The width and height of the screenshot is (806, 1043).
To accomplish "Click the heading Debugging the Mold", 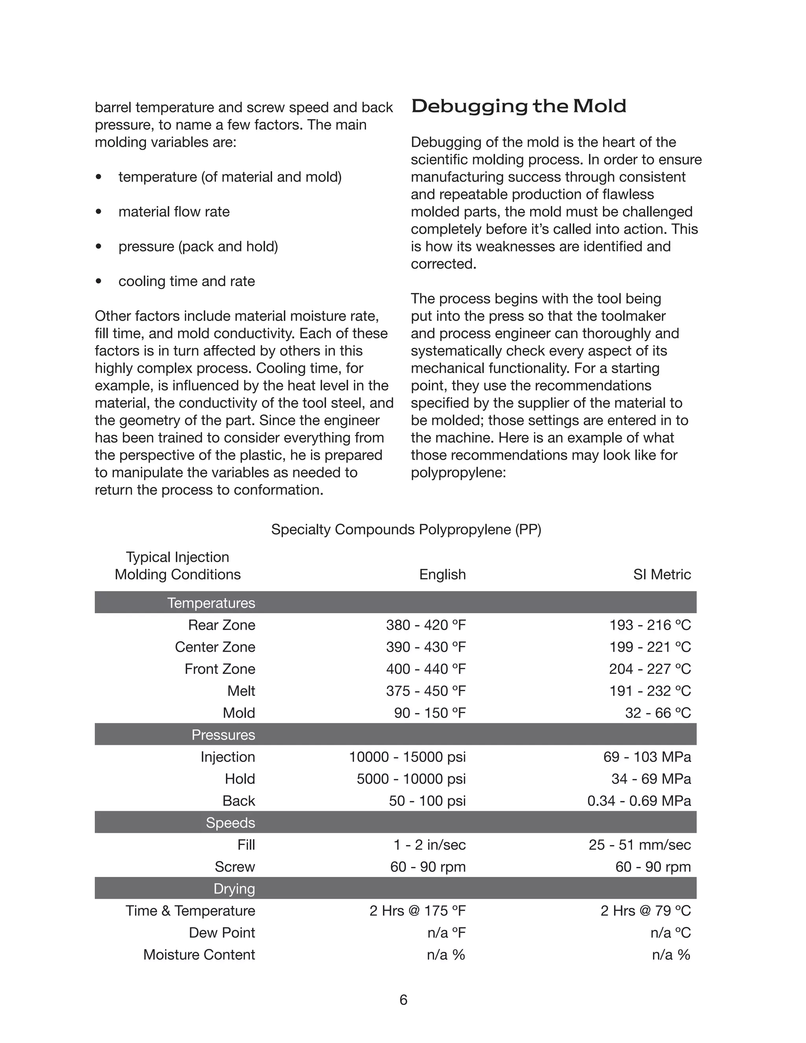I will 519,106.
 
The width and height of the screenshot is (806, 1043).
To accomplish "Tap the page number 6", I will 403,1000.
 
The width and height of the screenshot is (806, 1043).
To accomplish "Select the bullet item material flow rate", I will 174,212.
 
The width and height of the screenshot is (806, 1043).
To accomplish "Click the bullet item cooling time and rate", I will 186,281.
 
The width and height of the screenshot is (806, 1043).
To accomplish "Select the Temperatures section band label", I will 211,603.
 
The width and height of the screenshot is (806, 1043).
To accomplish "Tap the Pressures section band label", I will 223,734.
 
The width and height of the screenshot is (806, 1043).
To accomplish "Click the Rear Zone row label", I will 222,625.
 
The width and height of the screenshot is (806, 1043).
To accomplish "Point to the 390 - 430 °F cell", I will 426,647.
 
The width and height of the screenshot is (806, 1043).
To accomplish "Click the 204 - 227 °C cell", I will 650,669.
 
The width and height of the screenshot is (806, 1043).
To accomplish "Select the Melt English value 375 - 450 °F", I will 426,691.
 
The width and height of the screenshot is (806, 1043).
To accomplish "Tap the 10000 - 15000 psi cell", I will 407,756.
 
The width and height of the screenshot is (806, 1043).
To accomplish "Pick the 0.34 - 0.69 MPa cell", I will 639,801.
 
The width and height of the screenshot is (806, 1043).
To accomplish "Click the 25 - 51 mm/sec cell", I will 640,844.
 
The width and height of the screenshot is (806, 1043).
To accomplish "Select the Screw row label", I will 235,866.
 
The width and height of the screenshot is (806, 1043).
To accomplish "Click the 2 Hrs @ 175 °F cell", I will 417,910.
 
